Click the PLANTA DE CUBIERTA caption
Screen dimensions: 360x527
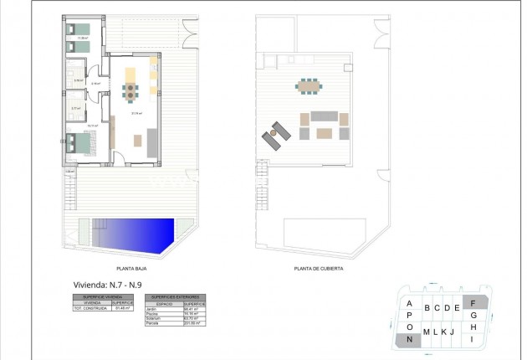click(318, 269)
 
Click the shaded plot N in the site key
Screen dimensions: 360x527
click(409, 339)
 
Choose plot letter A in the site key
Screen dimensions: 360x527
click(409, 304)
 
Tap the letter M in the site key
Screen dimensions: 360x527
click(427, 332)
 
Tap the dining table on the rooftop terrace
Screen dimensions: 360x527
click(309, 85)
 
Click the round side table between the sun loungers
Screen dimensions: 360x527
click(271, 132)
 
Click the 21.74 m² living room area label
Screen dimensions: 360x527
click(135, 113)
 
